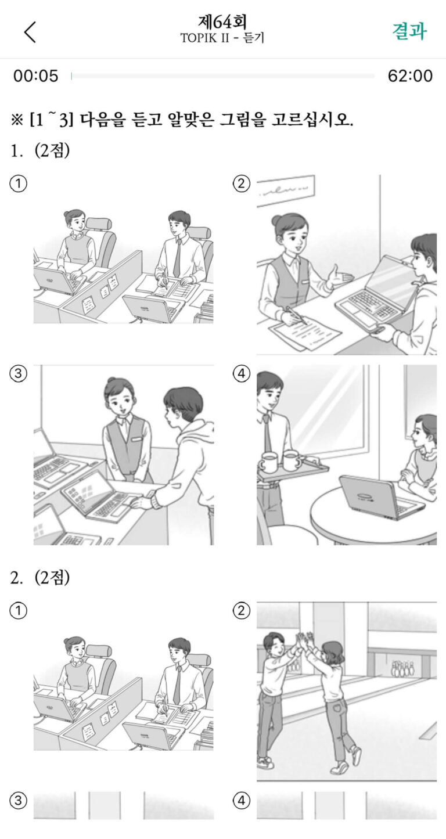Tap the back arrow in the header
click(30, 32)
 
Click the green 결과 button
click(409, 31)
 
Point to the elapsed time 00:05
click(36, 76)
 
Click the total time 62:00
click(410, 76)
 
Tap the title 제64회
click(222, 23)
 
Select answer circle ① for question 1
click(18, 184)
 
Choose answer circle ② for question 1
click(241, 184)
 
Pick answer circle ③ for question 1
click(18, 373)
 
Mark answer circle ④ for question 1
click(241, 373)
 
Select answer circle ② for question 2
click(241, 610)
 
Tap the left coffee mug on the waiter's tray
click(268, 462)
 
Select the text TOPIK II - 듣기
click(222, 38)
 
